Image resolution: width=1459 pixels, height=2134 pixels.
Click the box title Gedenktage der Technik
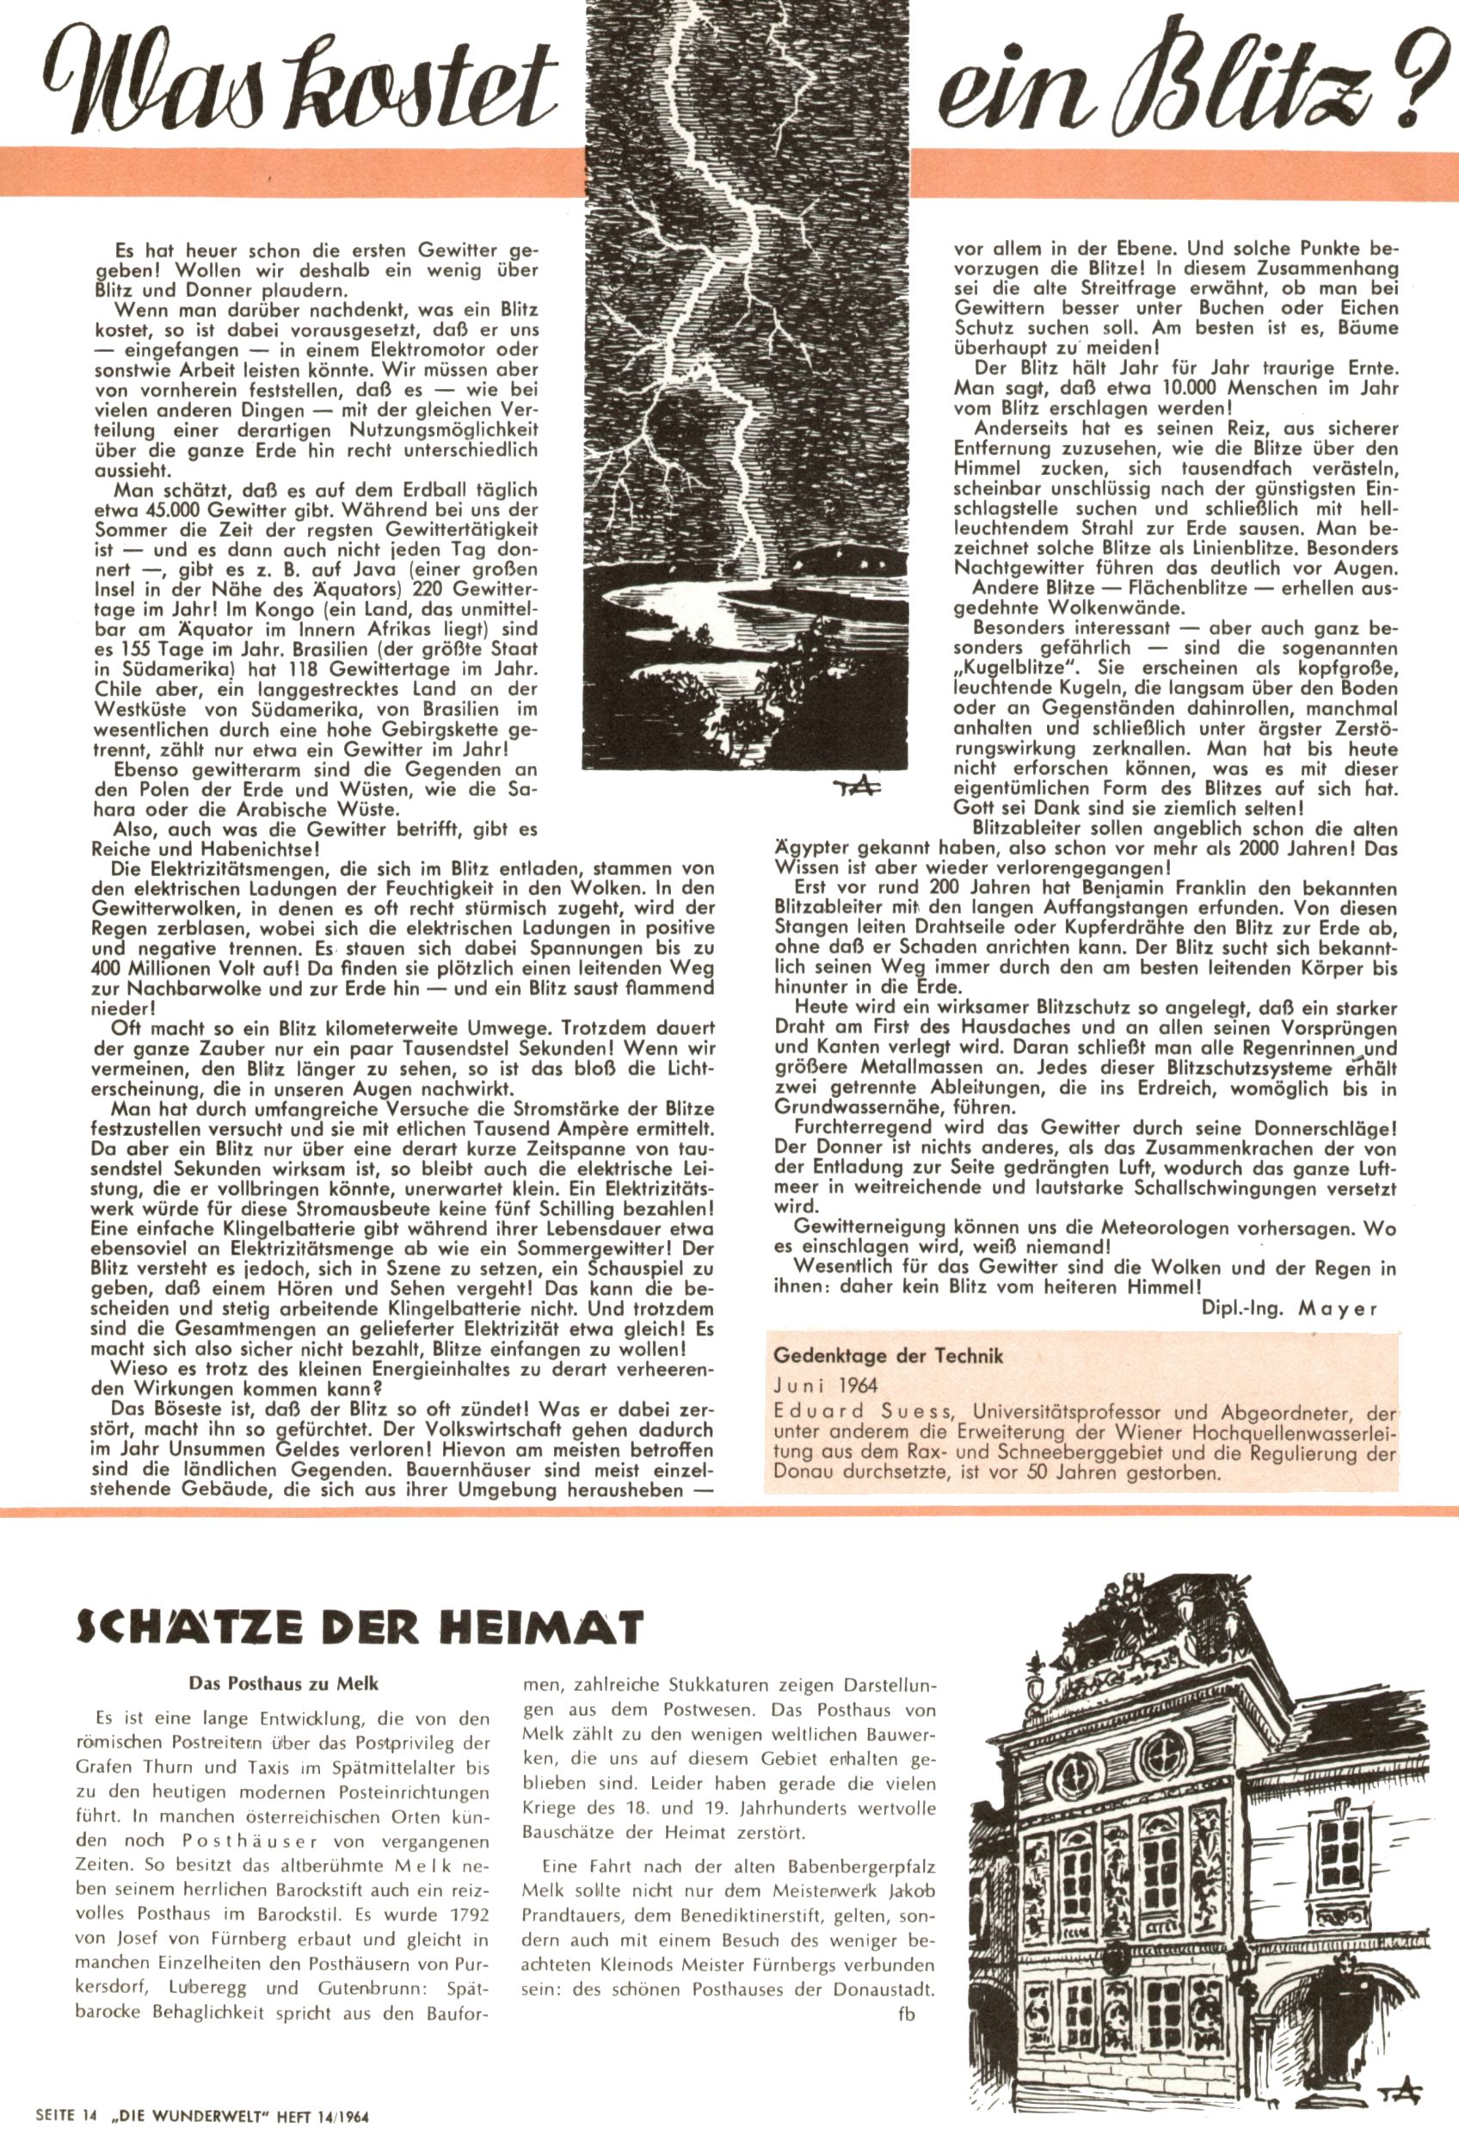coord(888,1355)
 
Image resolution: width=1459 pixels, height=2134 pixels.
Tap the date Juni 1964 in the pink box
coord(826,1384)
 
